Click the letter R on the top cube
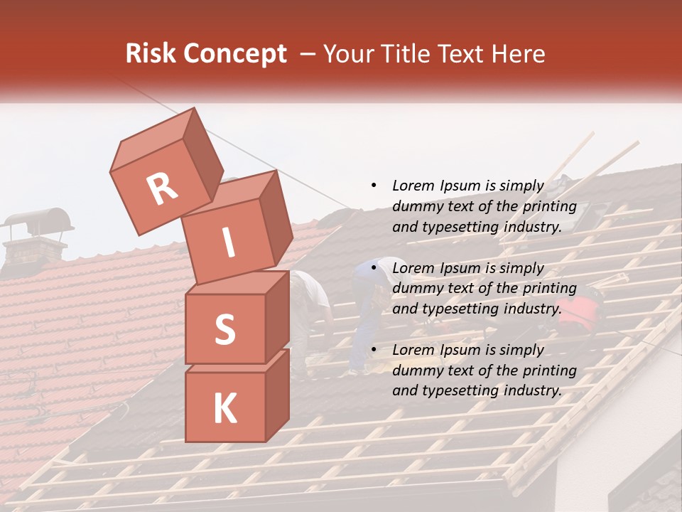click(162, 188)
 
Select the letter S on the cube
click(224, 329)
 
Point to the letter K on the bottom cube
click(224, 408)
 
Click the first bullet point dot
click(374, 186)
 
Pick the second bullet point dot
click(374, 268)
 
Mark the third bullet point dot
click(374, 350)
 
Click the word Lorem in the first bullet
click(412, 186)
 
